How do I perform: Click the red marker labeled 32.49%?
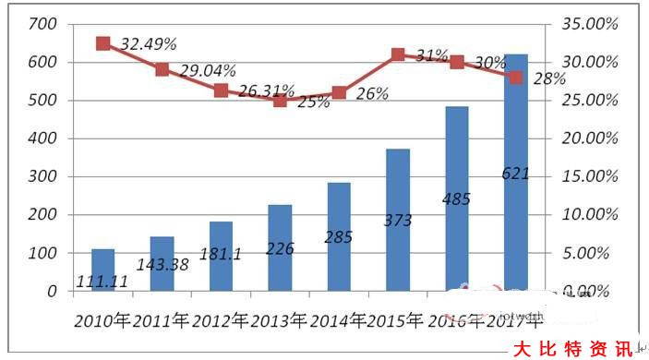(103, 43)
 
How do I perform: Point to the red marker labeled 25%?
(281, 100)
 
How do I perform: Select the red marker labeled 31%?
(398, 54)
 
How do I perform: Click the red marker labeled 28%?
(516, 78)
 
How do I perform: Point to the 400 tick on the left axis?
(42, 138)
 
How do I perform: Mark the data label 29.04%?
(209, 69)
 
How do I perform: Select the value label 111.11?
(102, 280)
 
